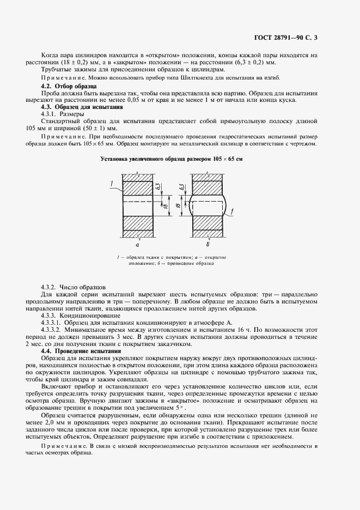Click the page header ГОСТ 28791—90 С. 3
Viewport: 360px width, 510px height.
pyautogui.click(x=289, y=38)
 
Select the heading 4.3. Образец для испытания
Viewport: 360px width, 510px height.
pyautogui.click(x=78, y=107)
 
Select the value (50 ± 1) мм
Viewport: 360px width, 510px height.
pyautogui.click(x=108, y=129)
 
